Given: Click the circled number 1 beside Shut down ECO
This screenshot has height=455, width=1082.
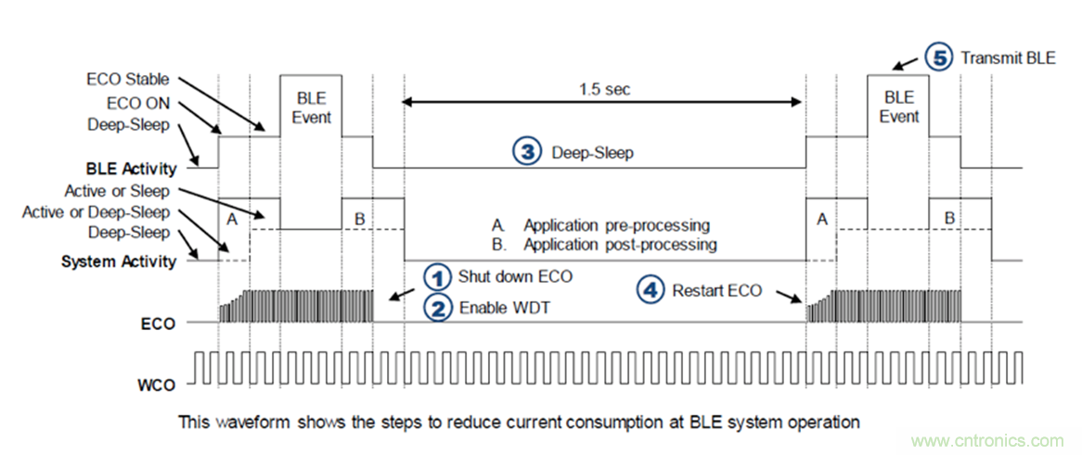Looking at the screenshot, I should click(x=436, y=276).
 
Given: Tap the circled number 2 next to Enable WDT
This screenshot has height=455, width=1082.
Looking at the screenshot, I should click(x=436, y=308).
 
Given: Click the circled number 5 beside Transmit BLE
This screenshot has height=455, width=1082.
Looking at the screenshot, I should click(x=940, y=57).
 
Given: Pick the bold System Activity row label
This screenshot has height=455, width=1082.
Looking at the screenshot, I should click(x=119, y=261).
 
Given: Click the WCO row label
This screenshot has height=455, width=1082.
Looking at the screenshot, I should click(x=155, y=381).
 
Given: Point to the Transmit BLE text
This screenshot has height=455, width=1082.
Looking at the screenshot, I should click(x=1008, y=57).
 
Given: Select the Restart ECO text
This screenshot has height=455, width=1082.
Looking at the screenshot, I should click(x=717, y=291).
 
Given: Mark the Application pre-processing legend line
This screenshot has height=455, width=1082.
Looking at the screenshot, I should click(x=602, y=225).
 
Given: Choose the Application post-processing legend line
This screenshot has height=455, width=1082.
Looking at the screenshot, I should click(x=605, y=245).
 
